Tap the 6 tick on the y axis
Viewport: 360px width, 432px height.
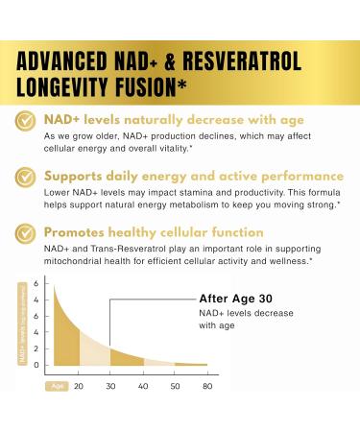[36, 285]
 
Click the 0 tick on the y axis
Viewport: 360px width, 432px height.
[36, 366]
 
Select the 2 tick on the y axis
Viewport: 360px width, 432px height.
[36, 339]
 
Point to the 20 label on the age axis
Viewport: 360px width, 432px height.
[78, 385]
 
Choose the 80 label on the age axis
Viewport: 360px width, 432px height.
[205, 385]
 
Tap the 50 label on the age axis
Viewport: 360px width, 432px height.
[175, 385]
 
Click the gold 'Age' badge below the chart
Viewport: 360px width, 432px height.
[55, 385]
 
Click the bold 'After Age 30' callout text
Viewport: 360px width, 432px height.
[240, 297]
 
